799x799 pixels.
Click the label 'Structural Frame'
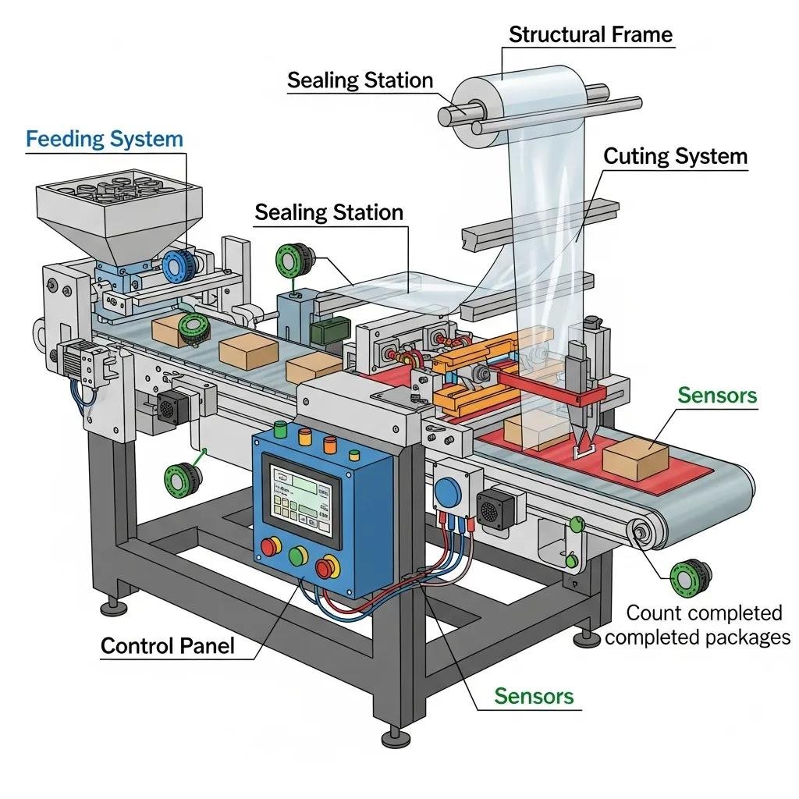[x=590, y=34]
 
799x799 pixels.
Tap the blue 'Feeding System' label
[x=104, y=140]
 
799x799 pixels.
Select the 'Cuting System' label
[x=675, y=156]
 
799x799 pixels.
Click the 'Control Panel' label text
[x=167, y=646]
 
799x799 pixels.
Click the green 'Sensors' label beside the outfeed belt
[x=716, y=395]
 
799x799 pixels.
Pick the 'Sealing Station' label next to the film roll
[x=359, y=80]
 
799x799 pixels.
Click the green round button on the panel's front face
[x=298, y=556]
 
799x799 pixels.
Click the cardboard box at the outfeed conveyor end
[x=635, y=459]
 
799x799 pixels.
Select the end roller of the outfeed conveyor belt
[x=643, y=534]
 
